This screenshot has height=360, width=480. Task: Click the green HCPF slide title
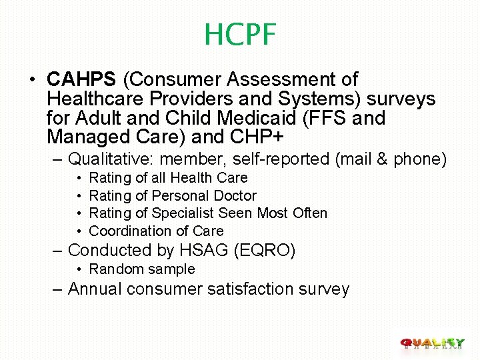click(240, 34)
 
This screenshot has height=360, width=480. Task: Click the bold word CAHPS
click(81, 80)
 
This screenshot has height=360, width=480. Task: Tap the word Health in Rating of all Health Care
click(189, 178)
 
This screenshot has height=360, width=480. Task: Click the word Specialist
click(183, 213)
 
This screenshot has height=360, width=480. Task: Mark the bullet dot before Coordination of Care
click(79, 231)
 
